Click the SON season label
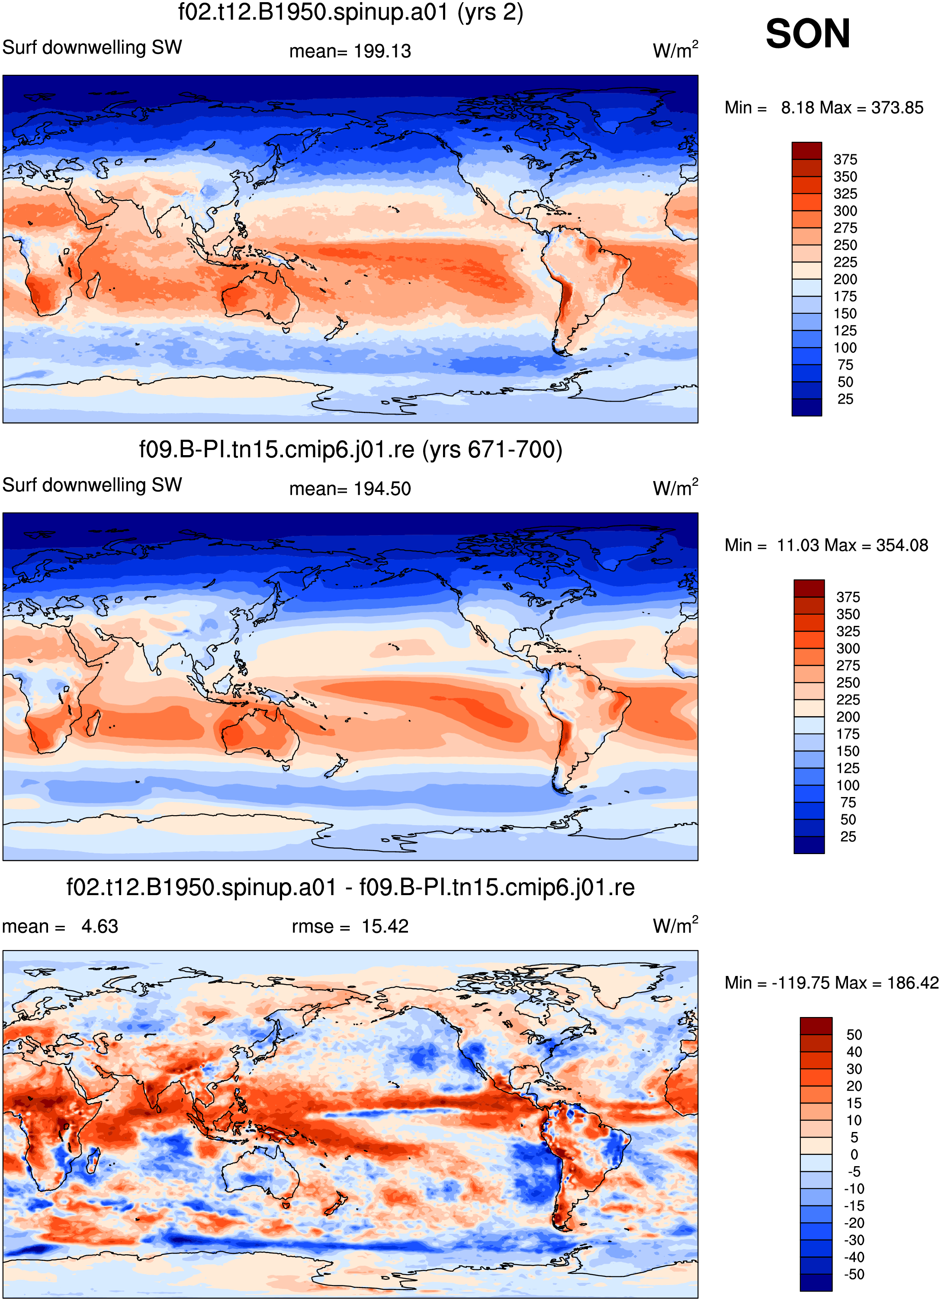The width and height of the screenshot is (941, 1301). click(808, 33)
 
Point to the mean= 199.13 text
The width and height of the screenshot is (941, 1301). click(350, 51)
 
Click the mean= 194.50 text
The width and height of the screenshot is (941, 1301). click(350, 489)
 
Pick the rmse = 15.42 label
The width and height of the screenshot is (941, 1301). click(350, 926)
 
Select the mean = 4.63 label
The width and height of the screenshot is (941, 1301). click(60, 926)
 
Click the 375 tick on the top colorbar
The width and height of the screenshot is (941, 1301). click(845, 159)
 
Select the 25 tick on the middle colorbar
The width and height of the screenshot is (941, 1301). click(848, 837)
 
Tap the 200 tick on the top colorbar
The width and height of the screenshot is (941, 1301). click(845, 279)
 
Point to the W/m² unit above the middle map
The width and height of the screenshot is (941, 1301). click(676, 488)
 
